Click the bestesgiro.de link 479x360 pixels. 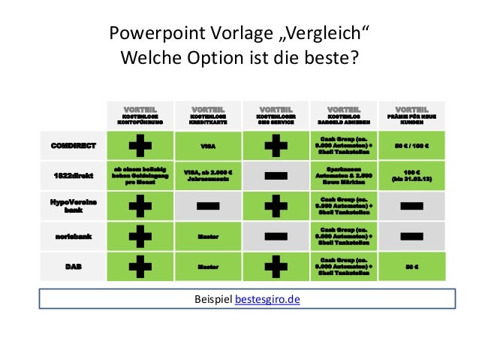(267, 299)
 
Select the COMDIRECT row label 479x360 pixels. (73, 145)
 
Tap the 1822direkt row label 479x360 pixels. (73, 175)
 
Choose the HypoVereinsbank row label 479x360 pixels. (73, 205)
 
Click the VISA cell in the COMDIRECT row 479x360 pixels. (208, 145)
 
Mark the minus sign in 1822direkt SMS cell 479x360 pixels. (276, 175)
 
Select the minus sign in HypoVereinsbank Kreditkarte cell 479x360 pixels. (208, 205)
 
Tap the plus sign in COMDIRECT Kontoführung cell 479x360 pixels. (139, 145)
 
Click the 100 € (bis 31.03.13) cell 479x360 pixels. (411, 175)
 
